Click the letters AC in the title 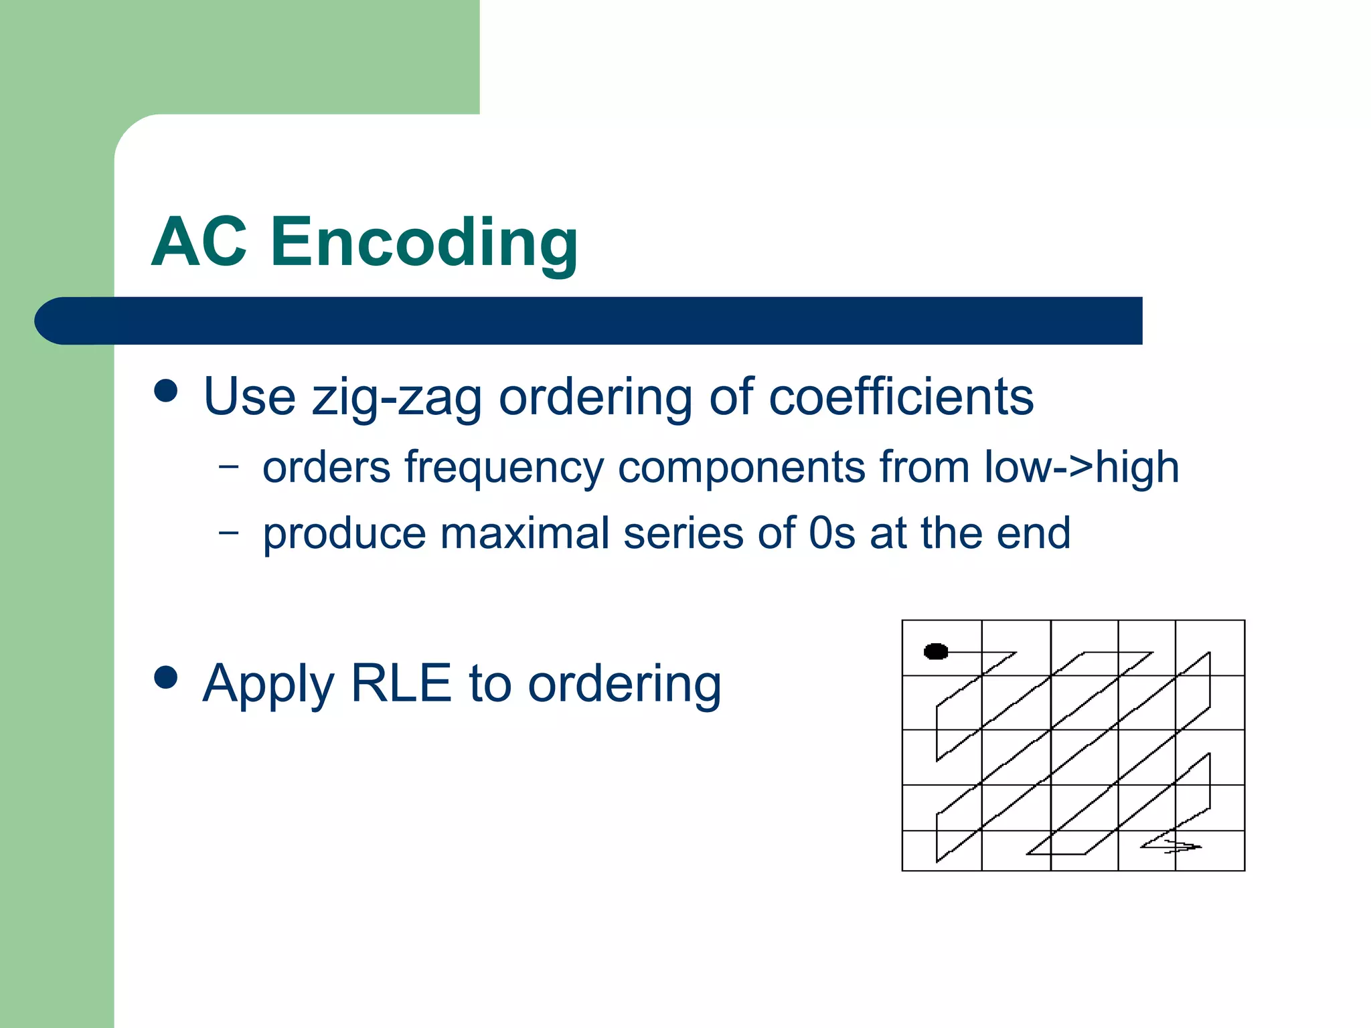[199, 242]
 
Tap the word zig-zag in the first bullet [396, 397]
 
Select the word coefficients [900, 397]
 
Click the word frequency [503, 468]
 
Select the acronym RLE [401, 683]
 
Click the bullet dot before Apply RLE [165, 677]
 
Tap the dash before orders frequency [228, 466]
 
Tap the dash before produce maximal [228, 533]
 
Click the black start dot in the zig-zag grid [935, 651]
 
